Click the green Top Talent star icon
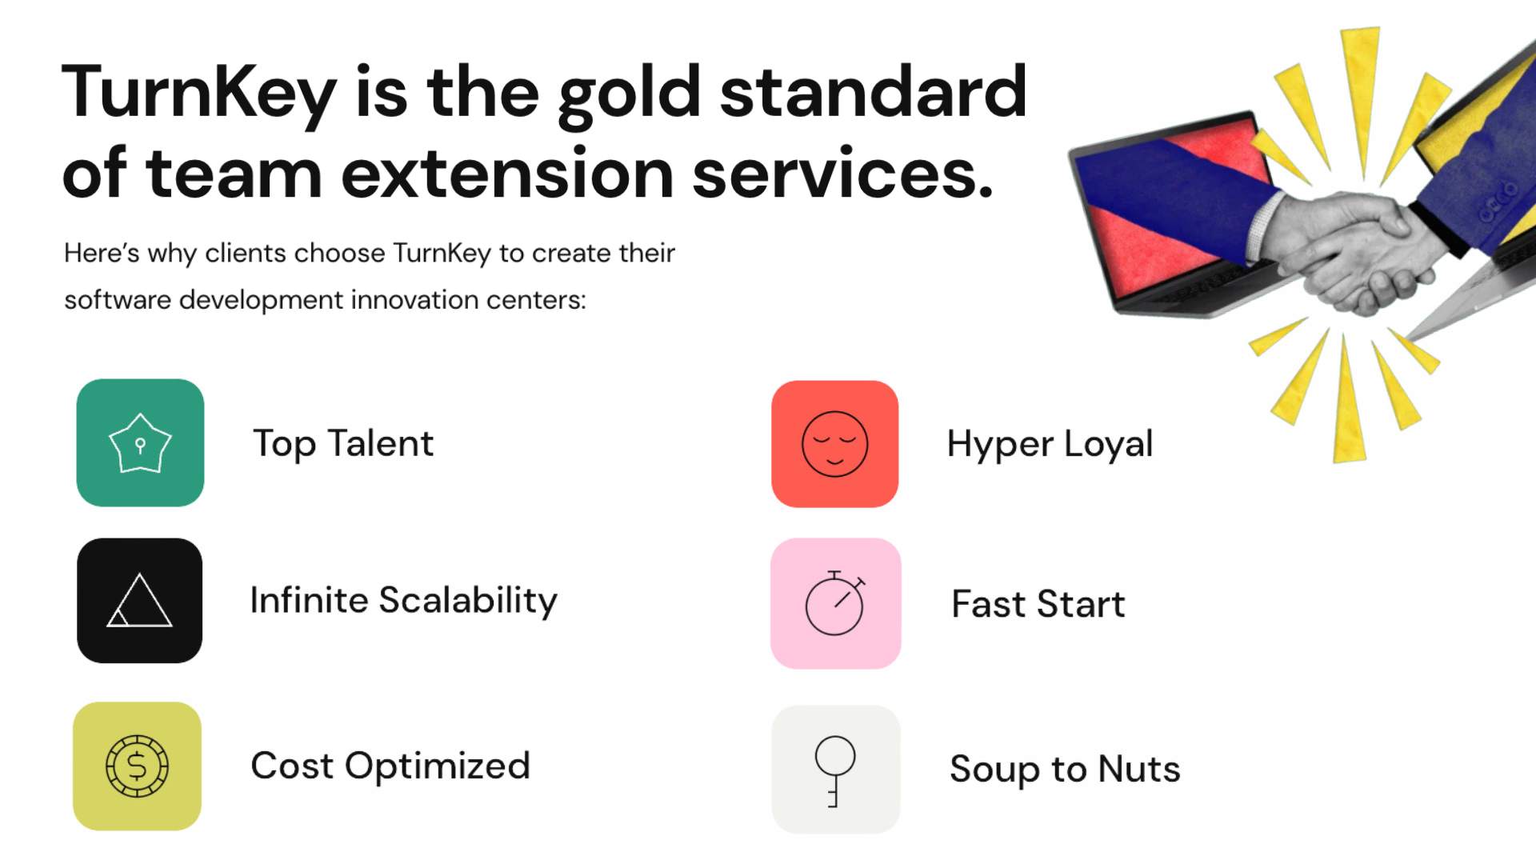[x=140, y=442]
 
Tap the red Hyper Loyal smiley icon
[x=834, y=444]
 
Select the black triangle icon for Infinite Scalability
[x=139, y=600]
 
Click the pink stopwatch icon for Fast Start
[x=835, y=603]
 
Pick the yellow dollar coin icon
[x=137, y=766]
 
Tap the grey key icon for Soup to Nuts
[x=835, y=769]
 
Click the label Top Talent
[x=342, y=443]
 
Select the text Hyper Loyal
[x=1049, y=444]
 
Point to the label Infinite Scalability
[x=403, y=600]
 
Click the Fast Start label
[x=1038, y=604]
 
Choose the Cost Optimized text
[x=390, y=766]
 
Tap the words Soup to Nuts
[x=1064, y=769]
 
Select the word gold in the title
[x=629, y=93]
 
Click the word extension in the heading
[x=507, y=174]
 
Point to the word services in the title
[x=842, y=174]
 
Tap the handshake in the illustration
[x=1352, y=248]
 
